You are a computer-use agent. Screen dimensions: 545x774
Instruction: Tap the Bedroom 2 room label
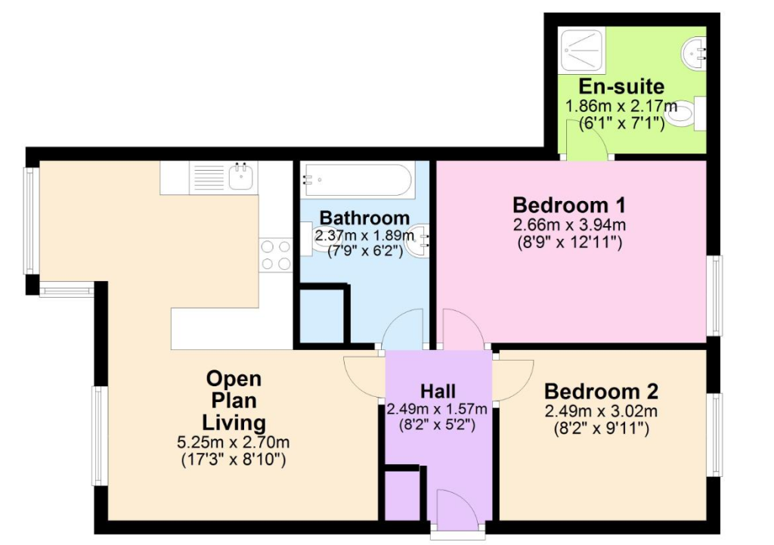coord(601,392)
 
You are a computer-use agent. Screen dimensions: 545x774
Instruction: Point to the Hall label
coord(438,392)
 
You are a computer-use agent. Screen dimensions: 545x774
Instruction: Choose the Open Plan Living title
coord(234,400)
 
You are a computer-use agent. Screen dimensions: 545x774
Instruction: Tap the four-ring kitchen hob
coord(275,255)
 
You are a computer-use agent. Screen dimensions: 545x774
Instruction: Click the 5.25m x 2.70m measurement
coord(234,442)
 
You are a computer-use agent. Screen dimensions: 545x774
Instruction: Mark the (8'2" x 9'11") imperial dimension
coord(601,428)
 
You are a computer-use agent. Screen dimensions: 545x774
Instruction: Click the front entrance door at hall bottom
coord(457,512)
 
